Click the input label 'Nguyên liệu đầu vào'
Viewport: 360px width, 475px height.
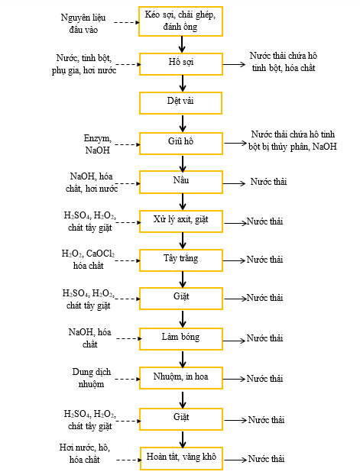pyautogui.click(x=83, y=24)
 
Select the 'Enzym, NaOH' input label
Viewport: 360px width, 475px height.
pyautogui.click(x=98, y=144)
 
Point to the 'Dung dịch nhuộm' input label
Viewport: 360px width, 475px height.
pyautogui.click(x=91, y=378)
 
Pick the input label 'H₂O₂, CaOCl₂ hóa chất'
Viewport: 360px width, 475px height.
pyautogui.click(x=88, y=260)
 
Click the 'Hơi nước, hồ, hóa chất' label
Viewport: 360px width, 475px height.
pyautogui.click(x=85, y=453)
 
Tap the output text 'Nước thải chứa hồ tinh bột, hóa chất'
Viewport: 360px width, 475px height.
pyautogui.click(x=284, y=62)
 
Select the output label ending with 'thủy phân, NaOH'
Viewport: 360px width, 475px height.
pyautogui.click(x=293, y=141)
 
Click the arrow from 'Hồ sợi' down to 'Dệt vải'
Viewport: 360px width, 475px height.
pyautogui.click(x=182, y=83)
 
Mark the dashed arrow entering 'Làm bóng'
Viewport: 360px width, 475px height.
pyautogui.click(x=129, y=338)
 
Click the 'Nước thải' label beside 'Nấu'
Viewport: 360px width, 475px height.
pyautogui.click(x=268, y=182)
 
